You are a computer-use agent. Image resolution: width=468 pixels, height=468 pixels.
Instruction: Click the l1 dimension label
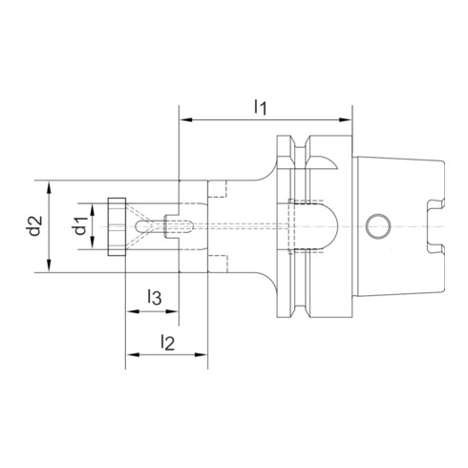click(260, 107)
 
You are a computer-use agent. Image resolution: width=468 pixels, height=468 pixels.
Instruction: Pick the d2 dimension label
click(34, 226)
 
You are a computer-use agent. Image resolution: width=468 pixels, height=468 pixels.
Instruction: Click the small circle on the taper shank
click(377, 226)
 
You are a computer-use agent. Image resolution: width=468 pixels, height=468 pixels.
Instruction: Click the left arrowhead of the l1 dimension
click(184, 120)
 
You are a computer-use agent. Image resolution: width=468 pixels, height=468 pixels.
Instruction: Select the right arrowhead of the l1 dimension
click(349, 120)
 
